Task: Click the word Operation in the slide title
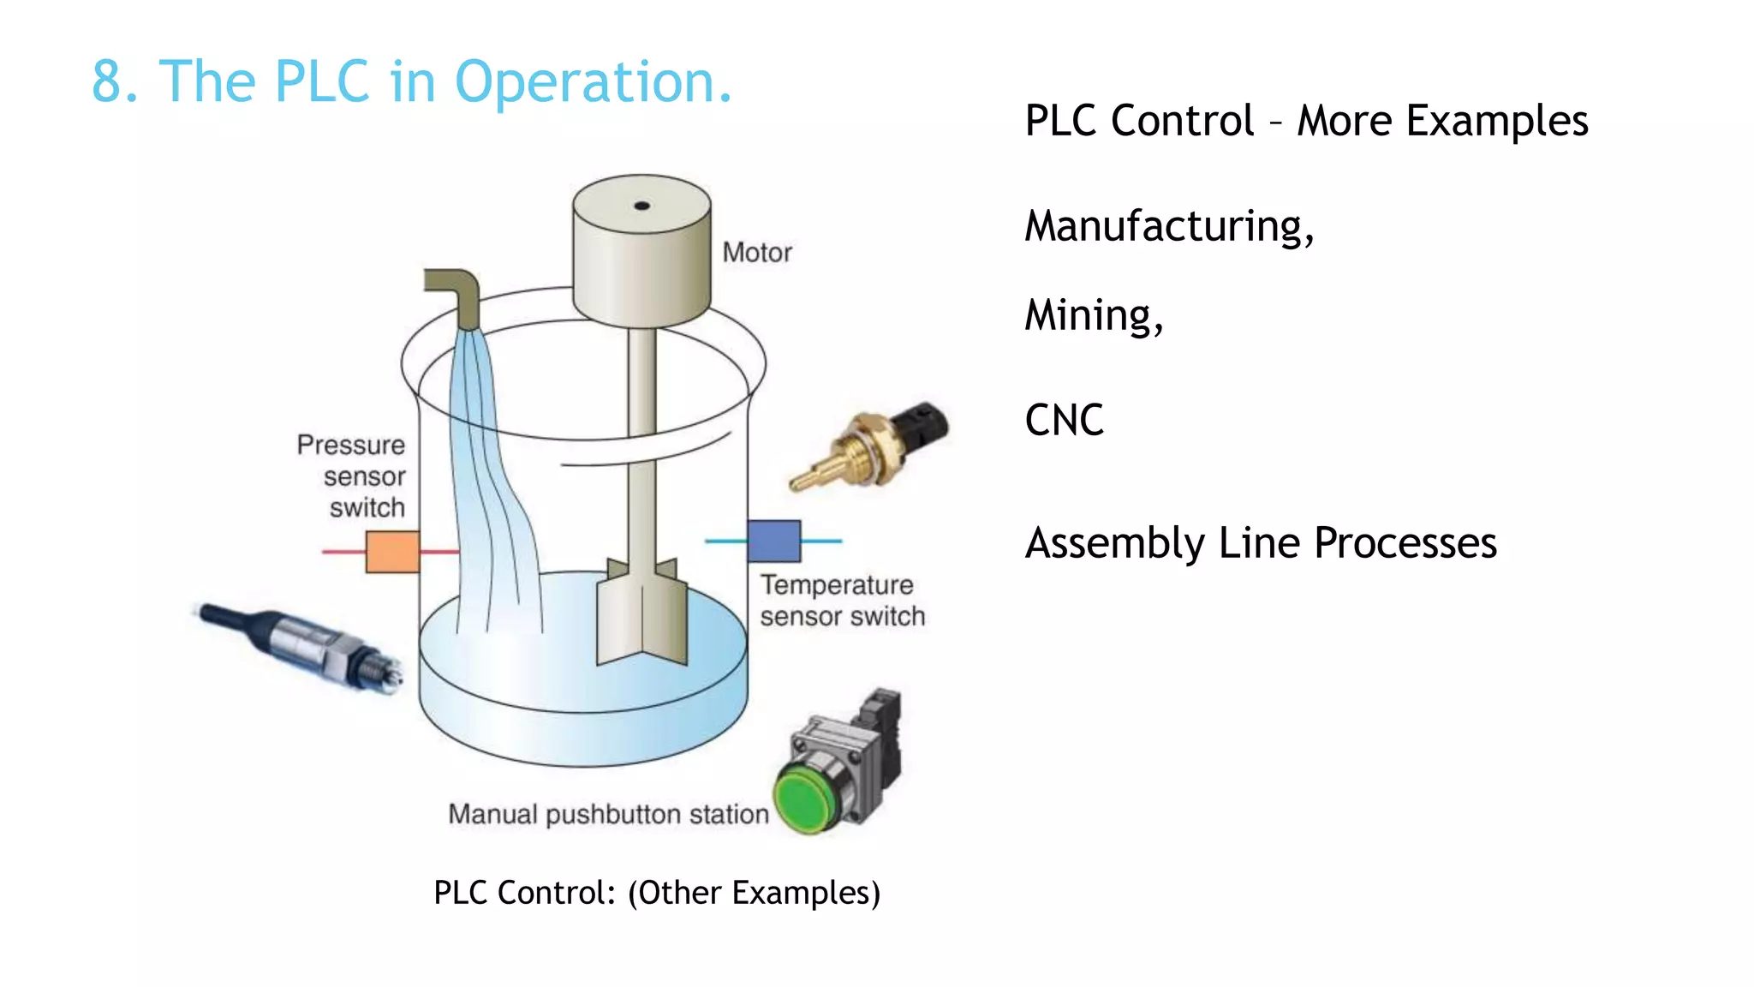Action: [x=593, y=83]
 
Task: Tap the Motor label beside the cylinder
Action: [x=757, y=253]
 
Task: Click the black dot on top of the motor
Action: [x=641, y=206]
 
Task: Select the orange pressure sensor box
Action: [x=392, y=552]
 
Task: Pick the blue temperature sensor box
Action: [x=774, y=541]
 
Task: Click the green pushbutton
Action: [x=805, y=799]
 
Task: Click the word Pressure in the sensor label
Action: [x=351, y=446]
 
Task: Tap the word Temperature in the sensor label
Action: [x=837, y=585]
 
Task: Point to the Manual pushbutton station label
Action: [x=608, y=814]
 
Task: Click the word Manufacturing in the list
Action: [x=1168, y=226]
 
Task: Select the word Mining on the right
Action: [x=1093, y=315]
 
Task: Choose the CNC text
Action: [x=1064, y=421]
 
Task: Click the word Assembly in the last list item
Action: [x=1115, y=544]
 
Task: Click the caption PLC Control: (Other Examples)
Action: [x=657, y=893]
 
